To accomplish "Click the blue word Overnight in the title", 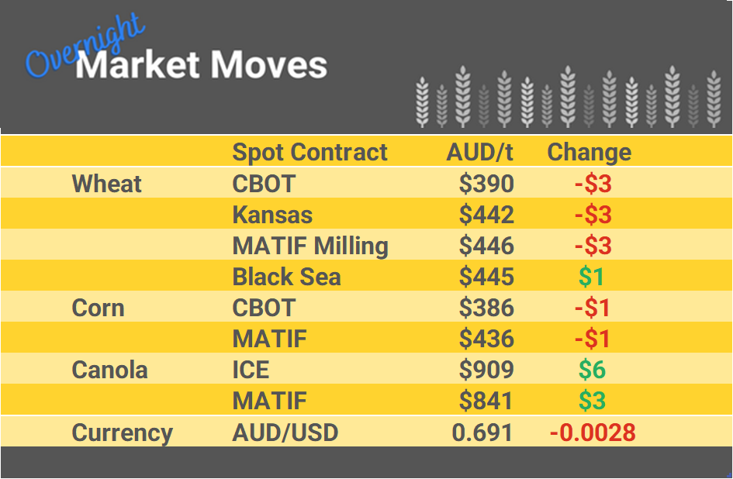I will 84,48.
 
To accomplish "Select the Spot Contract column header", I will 309,152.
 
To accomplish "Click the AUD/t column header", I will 480,152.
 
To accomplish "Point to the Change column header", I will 589,152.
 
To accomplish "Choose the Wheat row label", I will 107,184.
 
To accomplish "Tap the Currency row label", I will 122,432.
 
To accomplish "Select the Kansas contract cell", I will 272,215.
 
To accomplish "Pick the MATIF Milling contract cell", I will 310,246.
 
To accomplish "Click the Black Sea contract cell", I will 286,277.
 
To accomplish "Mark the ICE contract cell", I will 251,370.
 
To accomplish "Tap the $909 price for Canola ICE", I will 486,370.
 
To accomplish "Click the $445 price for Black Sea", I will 486,277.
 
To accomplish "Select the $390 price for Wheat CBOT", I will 486,184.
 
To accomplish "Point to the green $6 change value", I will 592,370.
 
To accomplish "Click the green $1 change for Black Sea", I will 592,277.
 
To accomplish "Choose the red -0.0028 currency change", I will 593,432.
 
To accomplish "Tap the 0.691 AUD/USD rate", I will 482,432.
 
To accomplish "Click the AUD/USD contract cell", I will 285,432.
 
